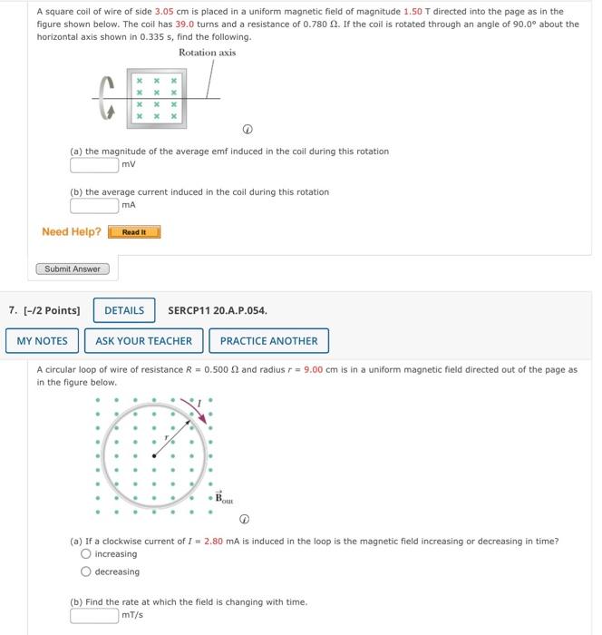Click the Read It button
[134, 232]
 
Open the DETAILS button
[124, 310]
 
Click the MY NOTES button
[42, 341]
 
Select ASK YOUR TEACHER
[143, 341]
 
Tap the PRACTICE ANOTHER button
[268, 341]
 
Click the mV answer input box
[94, 164]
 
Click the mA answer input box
[94, 205]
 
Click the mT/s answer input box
[94, 615]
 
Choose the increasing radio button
[86, 554]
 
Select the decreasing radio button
[86, 572]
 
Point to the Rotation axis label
[207, 53]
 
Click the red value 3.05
[165, 12]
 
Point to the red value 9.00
[314, 370]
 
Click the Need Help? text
[72, 232]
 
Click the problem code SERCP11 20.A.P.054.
[218, 310]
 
